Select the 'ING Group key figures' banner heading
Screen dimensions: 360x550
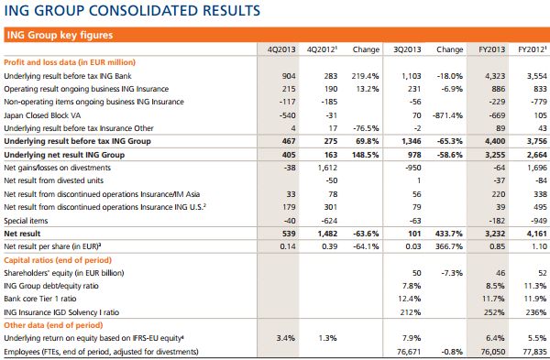point(60,36)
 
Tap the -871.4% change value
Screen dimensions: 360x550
point(446,116)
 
